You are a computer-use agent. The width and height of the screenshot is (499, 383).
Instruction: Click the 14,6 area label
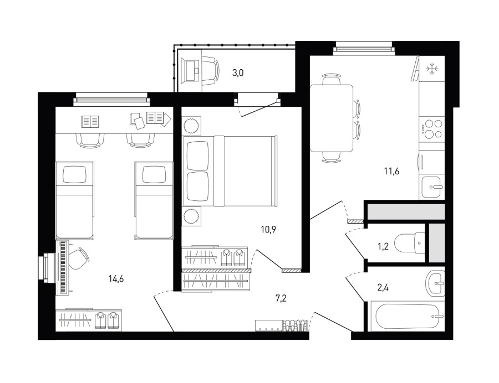(x=116, y=279)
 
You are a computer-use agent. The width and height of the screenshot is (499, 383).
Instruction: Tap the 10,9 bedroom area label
(x=268, y=229)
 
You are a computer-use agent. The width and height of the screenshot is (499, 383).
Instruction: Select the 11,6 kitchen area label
(x=391, y=172)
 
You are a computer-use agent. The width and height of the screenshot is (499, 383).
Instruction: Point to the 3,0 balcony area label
(x=238, y=73)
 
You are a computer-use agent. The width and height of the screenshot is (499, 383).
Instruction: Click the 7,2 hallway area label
(x=281, y=298)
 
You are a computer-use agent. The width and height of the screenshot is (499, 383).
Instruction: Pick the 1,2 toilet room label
(x=383, y=246)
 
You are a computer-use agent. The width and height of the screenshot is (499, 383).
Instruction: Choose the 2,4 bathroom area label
(x=383, y=288)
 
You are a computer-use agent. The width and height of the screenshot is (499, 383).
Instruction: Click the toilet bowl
(x=410, y=244)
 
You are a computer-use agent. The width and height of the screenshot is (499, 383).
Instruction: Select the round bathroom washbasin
(x=435, y=283)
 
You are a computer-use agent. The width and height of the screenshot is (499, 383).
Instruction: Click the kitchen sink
(x=432, y=187)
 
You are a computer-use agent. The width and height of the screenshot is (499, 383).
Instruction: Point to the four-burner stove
(x=431, y=128)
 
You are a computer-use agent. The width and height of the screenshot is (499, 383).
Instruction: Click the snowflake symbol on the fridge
(x=432, y=69)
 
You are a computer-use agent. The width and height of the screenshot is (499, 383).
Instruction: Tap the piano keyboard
(x=63, y=267)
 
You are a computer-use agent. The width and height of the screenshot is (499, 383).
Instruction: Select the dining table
(x=332, y=118)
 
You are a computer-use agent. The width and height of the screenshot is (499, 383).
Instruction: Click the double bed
(x=230, y=171)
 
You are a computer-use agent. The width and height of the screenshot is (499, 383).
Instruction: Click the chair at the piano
(x=78, y=258)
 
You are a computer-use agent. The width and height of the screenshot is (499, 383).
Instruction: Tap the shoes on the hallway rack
(x=296, y=325)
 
